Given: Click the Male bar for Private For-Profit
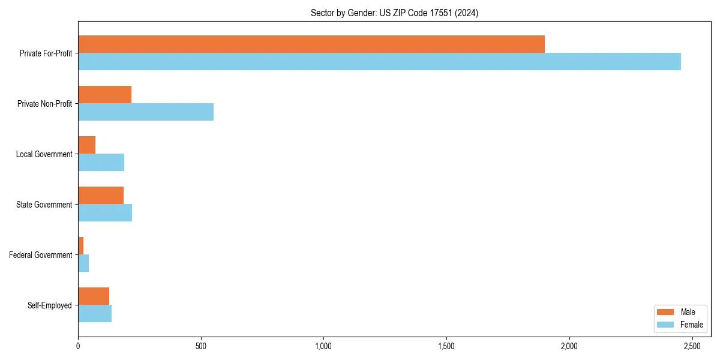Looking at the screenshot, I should pyautogui.click(x=311, y=44).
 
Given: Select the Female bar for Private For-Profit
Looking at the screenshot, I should pyautogui.click(x=379, y=62).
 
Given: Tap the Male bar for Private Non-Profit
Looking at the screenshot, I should pyautogui.click(x=104, y=95).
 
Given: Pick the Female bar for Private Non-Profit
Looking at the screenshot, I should pyautogui.click(x=146, y=112).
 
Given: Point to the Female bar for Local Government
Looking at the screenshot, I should pyautogui.click(x=101, y=163).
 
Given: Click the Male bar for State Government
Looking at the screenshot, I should pyautogui.click(x=101, y=196).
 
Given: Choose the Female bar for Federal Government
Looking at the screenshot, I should pyautogui.click(x=83, y=263).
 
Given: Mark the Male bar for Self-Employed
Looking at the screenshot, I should pyautogui.click(x=94, y=296).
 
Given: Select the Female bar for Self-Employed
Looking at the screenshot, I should pyautogui.click(x=95, y=314).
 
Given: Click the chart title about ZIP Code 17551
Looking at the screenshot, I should pyautogui.click(x=394, y=13).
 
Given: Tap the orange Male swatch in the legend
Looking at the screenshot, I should pyautogui.click(x=665, y=312).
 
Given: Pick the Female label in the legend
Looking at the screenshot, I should pyautogui.click(x=692, y=325).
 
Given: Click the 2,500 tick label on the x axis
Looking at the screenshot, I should pyautogui.click(x=692, y=346).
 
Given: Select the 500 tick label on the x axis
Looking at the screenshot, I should pyautogui.click(x=201, y=346).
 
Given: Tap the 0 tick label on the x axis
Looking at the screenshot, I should pyautogui.click(x=78, y=346).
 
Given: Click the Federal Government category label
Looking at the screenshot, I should pyautogui.click(x=41, y=255).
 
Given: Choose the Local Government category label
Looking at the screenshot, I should pyautogui.click(x=44, y=154).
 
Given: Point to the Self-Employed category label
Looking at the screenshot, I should pyautogui.click(x=50, y=305).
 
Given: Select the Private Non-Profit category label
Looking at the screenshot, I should pyautogui.click(x=44, y=104).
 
